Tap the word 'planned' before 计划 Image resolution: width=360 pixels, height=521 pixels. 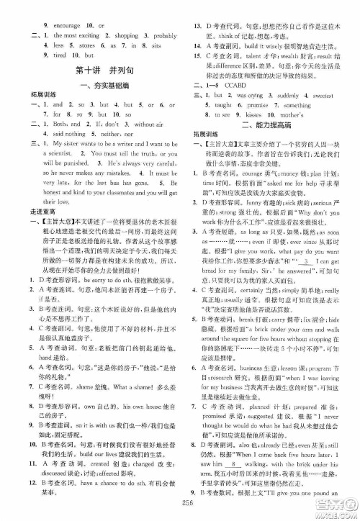click(264, 407)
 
